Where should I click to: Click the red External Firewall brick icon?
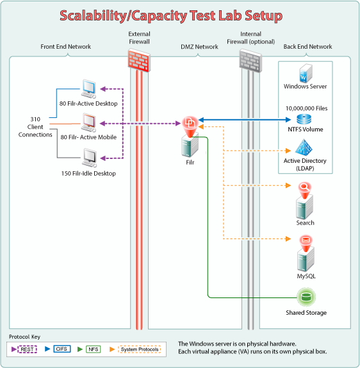click(139, 60)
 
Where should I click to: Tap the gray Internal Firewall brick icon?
click(250, 60)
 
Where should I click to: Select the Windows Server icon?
click(306, 73)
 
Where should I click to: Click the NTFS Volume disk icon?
click(304, 119)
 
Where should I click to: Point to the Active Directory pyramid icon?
click(304, 148)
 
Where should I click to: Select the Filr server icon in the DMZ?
click(190, 137)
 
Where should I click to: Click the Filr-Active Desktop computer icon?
click(88, 89)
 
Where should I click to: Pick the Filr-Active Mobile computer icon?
click(88, 122)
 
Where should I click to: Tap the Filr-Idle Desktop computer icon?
click(89, 158)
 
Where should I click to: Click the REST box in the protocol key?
click(27, 349)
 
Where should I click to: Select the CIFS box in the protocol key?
click(62, 349)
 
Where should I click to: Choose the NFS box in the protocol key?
click(93, 349)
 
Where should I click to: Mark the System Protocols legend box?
click(140, 349)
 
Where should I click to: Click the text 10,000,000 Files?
click(307, 108)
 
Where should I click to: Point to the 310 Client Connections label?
click(35, 127)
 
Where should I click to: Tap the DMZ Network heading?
click(199, 47)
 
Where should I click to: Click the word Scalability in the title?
click(93, 16)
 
